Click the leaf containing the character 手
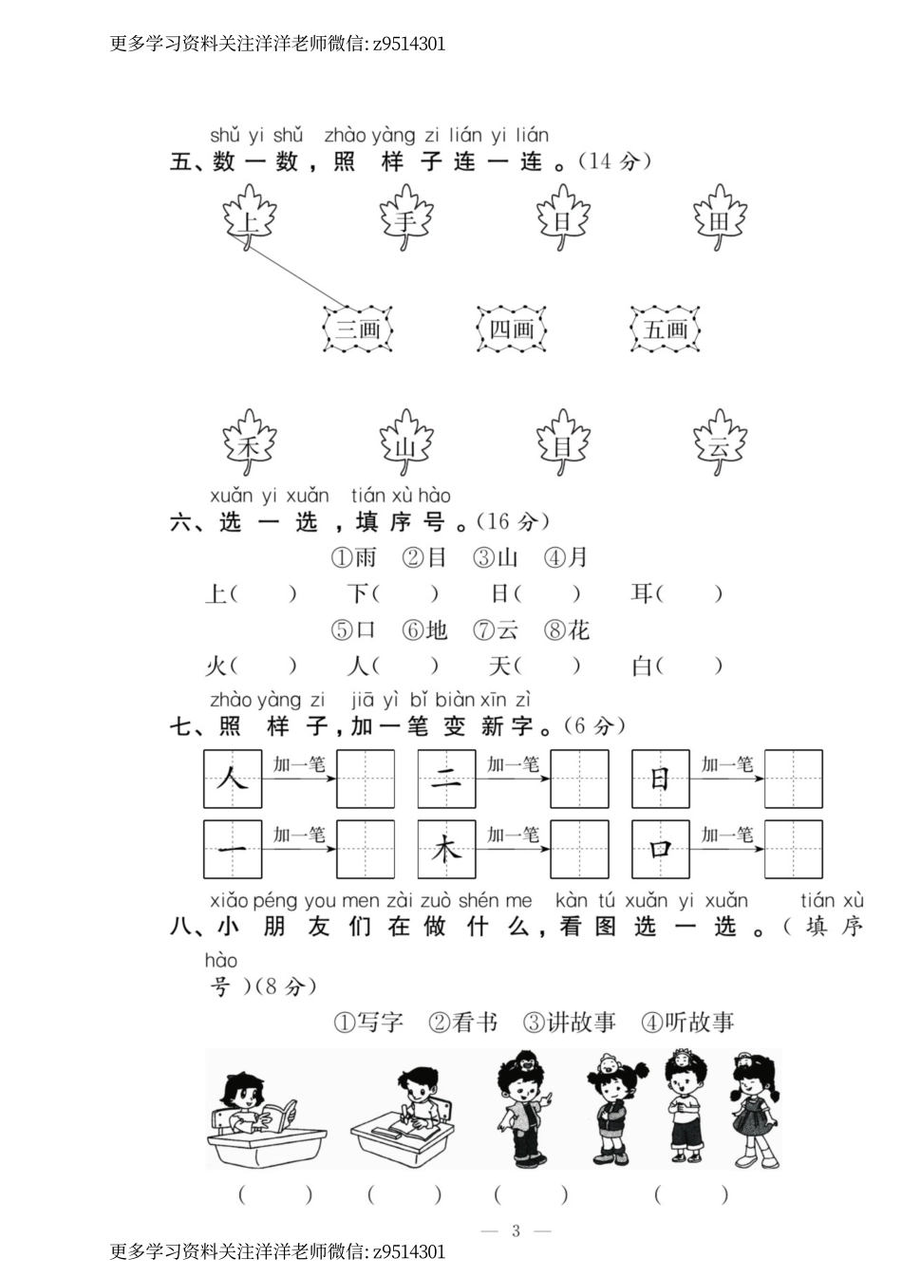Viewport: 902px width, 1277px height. [406, 219]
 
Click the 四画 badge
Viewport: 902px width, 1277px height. [512, 329]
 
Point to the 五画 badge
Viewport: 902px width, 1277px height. [666, 329]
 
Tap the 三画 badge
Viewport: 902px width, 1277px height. [358, 329]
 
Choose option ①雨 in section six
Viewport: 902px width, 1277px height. [353, 557]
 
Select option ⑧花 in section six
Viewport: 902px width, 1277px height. [567, 629]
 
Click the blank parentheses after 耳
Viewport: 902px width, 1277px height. [689, 594]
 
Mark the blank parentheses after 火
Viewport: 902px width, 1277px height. [264, 667]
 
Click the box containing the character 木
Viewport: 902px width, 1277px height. [446, 849]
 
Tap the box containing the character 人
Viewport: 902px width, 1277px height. [233, 779]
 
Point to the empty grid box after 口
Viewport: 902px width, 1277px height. [793, 849]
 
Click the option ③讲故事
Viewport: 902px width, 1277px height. [569, 1023]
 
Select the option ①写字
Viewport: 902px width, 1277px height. [368, 1023]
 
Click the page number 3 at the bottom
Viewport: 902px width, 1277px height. [516, 1230]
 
